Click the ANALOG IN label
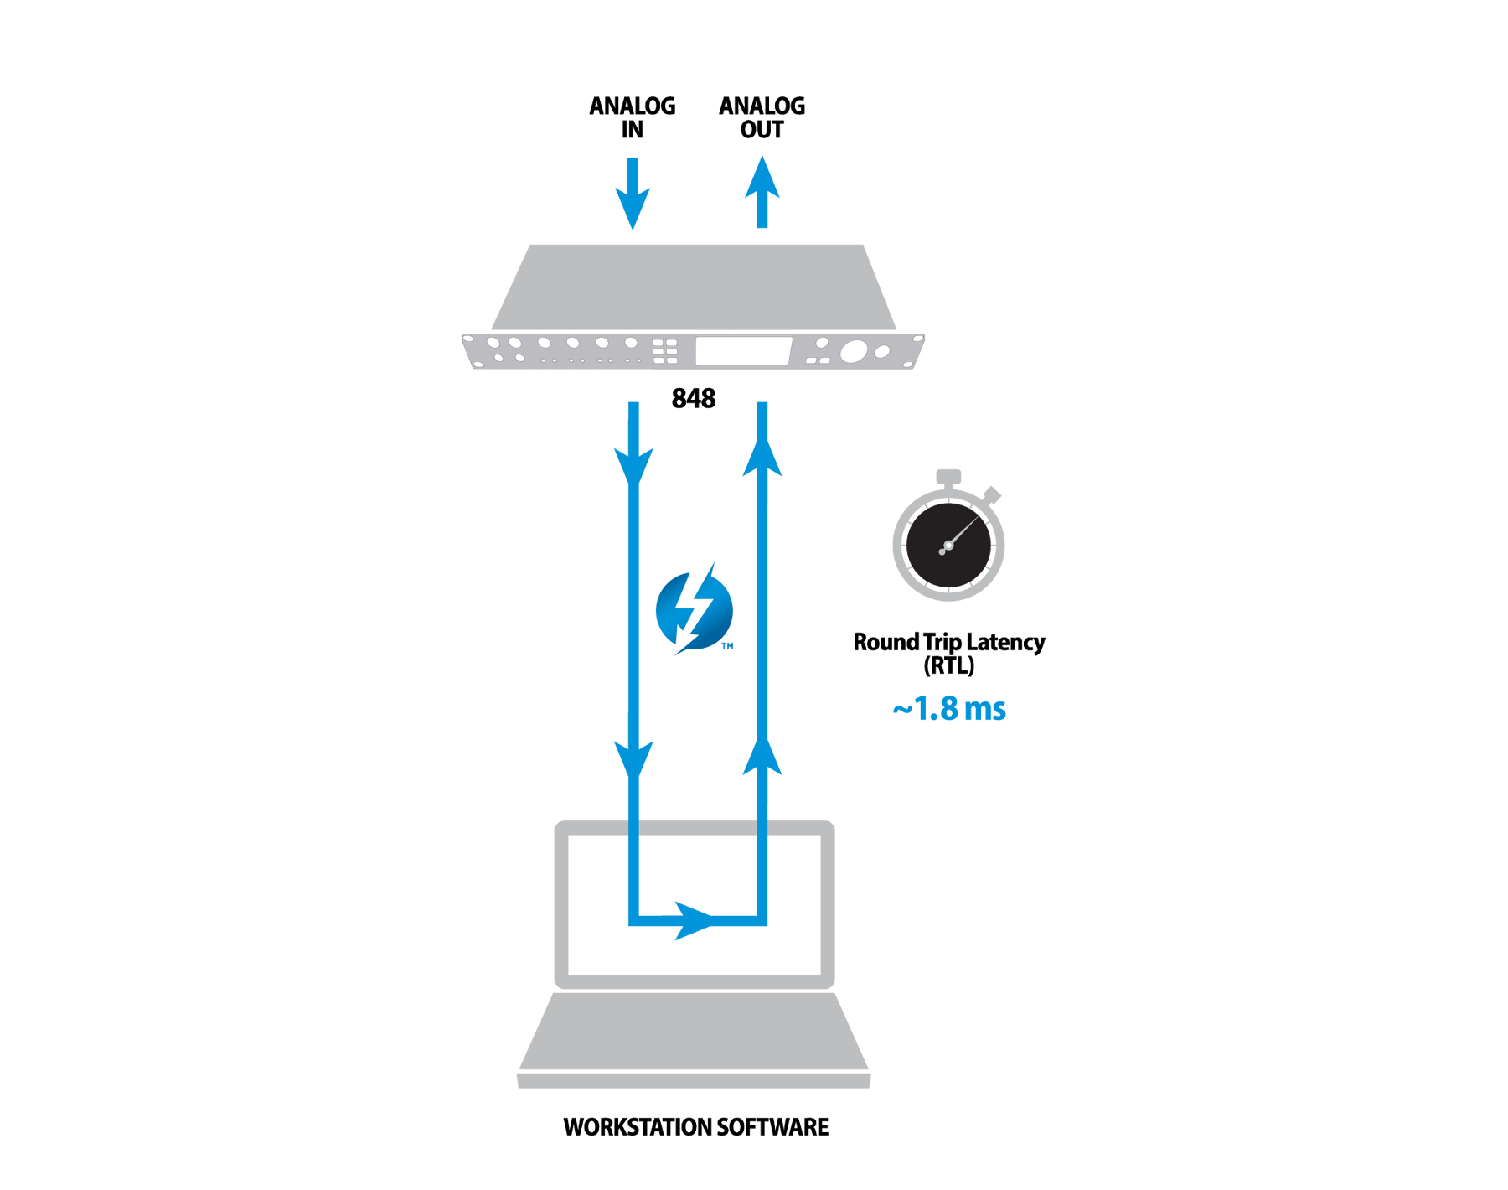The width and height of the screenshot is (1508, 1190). [632, 117]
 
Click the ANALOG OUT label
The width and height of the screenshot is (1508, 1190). [762, 117]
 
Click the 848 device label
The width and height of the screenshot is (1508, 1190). [694, 398]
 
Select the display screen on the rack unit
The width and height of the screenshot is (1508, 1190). [743, 351]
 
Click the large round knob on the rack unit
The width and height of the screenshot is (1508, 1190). [853, 351]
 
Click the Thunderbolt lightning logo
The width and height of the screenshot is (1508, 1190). [694, 610]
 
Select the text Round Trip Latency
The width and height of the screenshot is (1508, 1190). [948, 642]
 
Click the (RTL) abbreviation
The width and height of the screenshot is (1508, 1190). [948, 665]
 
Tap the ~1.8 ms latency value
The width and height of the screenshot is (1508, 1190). [949, 709]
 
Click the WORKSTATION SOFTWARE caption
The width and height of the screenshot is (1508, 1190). [695, 1127]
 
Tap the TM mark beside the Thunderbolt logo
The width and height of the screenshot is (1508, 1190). [727, 646]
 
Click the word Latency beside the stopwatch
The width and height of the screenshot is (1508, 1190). [1005, 642]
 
